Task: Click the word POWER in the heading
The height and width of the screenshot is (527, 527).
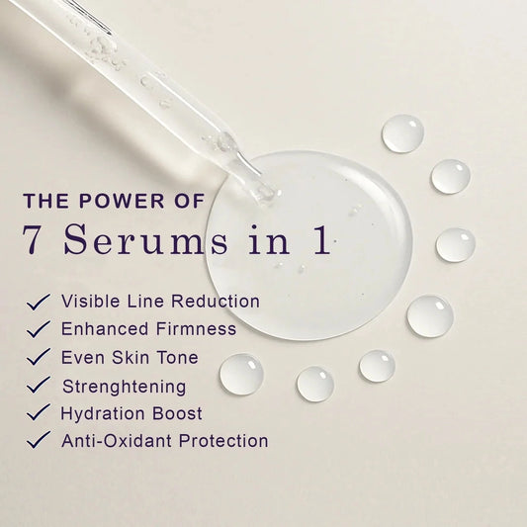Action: (x=122, y=201)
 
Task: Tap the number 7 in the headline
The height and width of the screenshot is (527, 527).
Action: (x=33, y=239)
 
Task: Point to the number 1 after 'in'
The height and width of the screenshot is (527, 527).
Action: (x=321, y=238)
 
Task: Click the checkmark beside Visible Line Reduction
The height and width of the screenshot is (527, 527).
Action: (x=39, y=302)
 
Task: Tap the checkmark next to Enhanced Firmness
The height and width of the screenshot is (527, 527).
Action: (x=39, y=328)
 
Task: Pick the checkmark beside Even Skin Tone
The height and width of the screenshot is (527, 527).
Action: (x=39, y=357)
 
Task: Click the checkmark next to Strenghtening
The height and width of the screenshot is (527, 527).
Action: (x=39, y=385)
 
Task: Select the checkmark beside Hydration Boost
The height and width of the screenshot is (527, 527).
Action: (x=39, y=412)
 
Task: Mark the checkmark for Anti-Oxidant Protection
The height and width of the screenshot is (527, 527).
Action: (x=39, y=440)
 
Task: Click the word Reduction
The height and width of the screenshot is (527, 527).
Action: (x=216, y=301)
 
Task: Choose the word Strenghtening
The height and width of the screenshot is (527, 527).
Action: (x=124, y=387)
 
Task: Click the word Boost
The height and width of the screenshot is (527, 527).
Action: (x=177, y=413)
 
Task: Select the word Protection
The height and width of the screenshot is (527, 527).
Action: (x=223, y=441)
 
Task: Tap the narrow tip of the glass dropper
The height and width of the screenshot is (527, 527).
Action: (x=269, y=194)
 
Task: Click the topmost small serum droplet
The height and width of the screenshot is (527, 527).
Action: (x=402, y=133)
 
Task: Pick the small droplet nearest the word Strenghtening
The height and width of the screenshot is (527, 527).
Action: (x=241, y=374)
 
